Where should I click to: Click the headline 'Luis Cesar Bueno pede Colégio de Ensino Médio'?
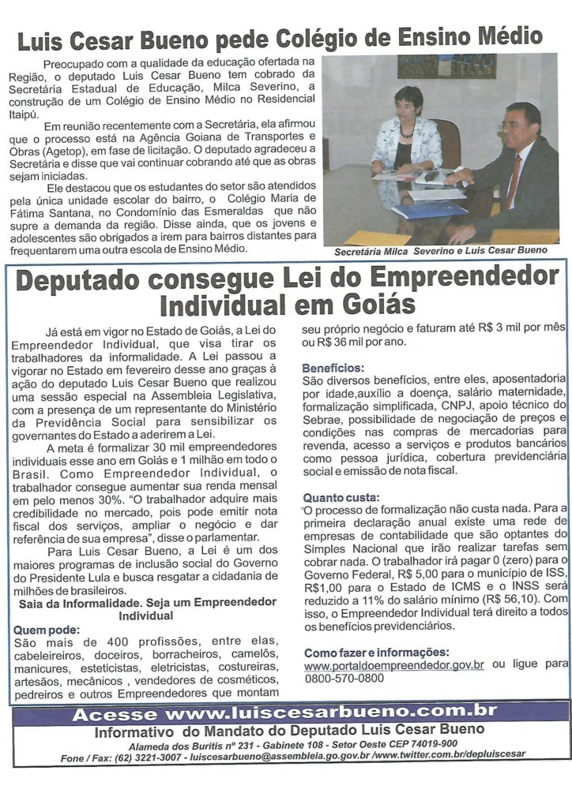click(280, 36)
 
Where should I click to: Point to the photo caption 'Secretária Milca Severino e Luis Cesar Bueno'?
click(440, 250)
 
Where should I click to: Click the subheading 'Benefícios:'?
click(333, 368)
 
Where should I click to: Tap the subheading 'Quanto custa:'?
click(341, 497)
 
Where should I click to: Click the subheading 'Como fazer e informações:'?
click(376, 652)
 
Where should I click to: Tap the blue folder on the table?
click(430, 209)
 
